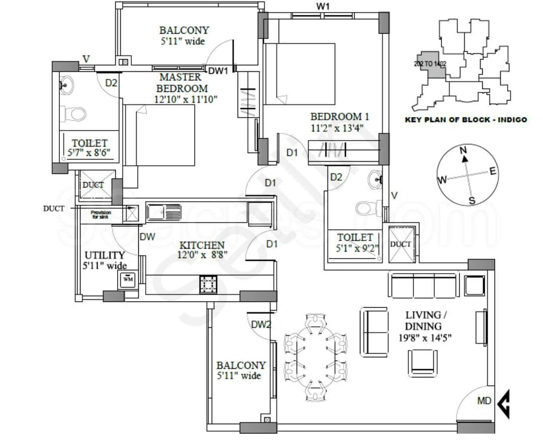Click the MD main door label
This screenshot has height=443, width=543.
click(x=484, y=401)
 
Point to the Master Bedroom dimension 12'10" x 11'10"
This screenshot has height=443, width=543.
click(x=187, y=99)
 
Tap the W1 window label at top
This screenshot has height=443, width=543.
click(x=323, y=7)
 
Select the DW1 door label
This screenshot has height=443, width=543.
click(x=218, y=71)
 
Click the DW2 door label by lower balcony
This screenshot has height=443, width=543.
click(x=261, y=324)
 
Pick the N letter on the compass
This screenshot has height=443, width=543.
click(x=464, y=150)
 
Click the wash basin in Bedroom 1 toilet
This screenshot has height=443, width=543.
click(x=375, y=180)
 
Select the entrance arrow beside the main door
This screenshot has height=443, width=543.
click(x=503, y=402)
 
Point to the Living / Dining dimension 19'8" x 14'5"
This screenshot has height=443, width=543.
click(x=426, y=338)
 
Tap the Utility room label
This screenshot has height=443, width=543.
click(x=105, y=255)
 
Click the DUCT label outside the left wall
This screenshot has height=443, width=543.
click(x=53, y=208)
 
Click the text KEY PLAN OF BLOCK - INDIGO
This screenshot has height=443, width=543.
click(x=466, y=120)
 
